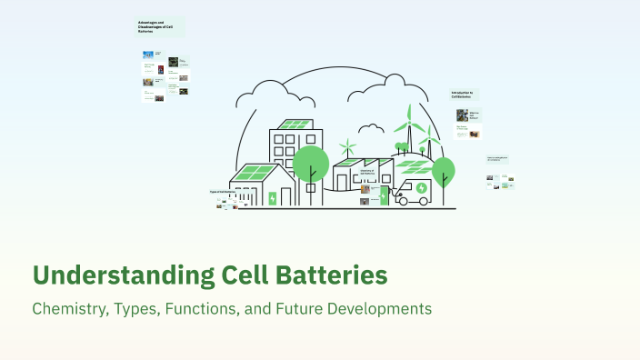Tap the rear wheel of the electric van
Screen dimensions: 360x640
(x=406, y=200)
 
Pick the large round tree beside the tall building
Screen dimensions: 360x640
(x=311, y=163)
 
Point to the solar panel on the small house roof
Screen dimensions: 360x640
(x=253, y=172)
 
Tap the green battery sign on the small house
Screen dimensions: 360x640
(x=272, y=197)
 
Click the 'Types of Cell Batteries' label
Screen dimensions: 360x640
(x=221, y=192)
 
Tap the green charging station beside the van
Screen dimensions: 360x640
(x=384, y=195)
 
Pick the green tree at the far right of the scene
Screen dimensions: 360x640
(x=443, y=171)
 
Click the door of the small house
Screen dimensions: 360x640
(x=286, y=197)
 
